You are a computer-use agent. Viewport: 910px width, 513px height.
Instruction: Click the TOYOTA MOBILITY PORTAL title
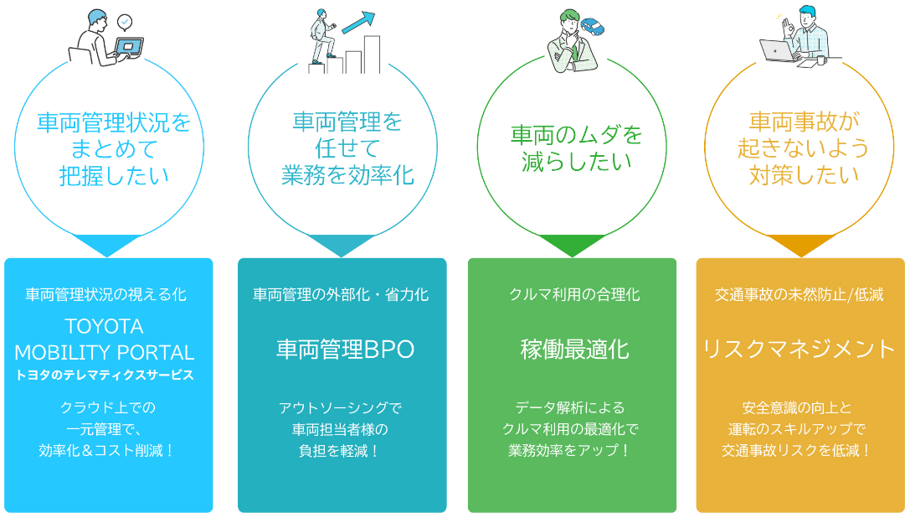click(x=105, y=339)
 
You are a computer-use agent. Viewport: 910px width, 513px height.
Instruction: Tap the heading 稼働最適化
click(x=574, y=349)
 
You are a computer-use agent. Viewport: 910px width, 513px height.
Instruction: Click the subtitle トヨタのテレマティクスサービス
click(x=105, y=375)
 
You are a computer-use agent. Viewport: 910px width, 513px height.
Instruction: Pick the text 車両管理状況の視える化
click(x=105, y=294)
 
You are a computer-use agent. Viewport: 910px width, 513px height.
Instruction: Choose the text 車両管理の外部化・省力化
click(x=341, y=294)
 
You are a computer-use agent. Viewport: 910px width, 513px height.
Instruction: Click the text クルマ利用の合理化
click(x=574, y=294)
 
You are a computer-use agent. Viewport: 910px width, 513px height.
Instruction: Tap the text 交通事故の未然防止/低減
click(x=799, y=294)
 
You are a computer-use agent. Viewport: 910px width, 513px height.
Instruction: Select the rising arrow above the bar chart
click(x=357, y=21)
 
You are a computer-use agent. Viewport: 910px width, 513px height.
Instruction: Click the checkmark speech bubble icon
click(x=126, y=21)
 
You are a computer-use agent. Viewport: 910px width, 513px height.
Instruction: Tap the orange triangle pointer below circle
click(x=801, y=245)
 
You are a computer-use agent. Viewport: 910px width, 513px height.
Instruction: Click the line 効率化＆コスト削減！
click(x=106, y=450)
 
